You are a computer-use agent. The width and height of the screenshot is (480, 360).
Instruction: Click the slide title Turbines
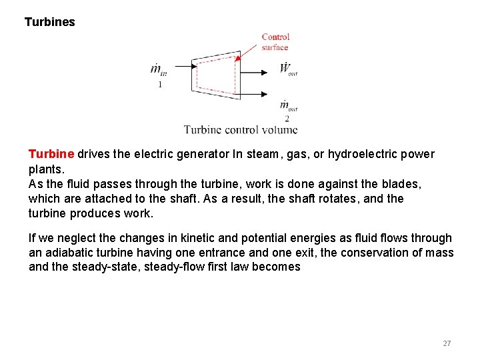(x=50, y=22)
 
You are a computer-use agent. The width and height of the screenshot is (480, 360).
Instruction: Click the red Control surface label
(x=275, y=42)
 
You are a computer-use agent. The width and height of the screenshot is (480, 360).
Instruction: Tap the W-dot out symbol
(x=288, y=69)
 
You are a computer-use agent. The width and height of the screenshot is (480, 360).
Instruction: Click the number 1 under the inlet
(x=160, y=85)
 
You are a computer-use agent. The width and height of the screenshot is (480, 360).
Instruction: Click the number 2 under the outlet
(x=287, y=119)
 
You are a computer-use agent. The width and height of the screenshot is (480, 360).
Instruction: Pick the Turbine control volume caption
(x=241, y=129)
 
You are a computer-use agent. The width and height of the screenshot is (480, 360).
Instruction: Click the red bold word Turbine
(x=51, y=155)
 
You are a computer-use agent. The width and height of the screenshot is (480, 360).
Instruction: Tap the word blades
(x=403, y=183)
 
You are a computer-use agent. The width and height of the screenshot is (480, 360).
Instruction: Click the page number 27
(x=447, y=343)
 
